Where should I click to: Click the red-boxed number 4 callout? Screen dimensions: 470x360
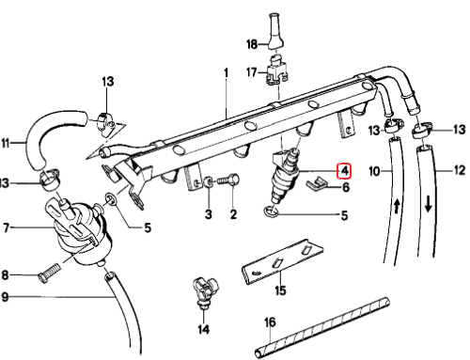[x=344, y=171]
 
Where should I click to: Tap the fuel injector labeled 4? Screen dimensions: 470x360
[x=284, y=176]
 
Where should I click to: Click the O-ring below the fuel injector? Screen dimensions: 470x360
[x=271, y=211]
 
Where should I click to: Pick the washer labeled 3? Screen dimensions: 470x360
[x=209, y=182]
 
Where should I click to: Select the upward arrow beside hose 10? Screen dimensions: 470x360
[x=397, y=207]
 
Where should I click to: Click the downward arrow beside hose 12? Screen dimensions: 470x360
[x=429, y=204]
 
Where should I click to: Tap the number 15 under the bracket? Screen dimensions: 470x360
[x=280, y=290]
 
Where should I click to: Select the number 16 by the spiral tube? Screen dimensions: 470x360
[x=270, y=322]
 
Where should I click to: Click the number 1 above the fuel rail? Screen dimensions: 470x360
[x=226, y=73]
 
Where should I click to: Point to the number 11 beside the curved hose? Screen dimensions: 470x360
[x=6, y=143]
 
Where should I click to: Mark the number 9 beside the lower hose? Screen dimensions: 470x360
[x=5, y=297]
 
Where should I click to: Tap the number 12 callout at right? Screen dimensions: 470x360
[x=460, y=170]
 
